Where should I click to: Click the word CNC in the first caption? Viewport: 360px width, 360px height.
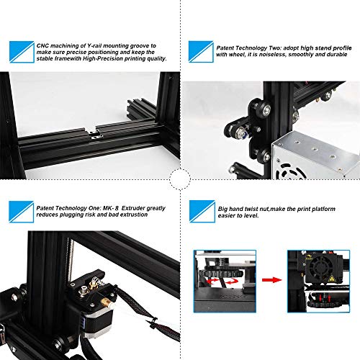click(42, 45)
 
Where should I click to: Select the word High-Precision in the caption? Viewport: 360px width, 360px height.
click(102, 58)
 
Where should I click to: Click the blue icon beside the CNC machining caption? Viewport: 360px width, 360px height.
click(22, 52)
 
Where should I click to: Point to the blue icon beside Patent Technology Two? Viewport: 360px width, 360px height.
click(201, 52)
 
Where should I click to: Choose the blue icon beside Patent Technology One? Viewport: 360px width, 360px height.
click(22, 212)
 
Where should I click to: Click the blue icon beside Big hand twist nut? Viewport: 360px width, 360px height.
click(202, 212)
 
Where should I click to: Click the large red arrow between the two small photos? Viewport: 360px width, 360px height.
click(271, 280)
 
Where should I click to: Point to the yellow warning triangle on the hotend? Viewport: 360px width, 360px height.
click(333, 279)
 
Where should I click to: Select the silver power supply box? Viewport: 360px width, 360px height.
click(316, 156)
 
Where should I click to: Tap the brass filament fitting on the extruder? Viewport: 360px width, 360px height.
click(106, 303)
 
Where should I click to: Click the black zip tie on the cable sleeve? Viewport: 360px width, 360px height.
click(153, 322)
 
